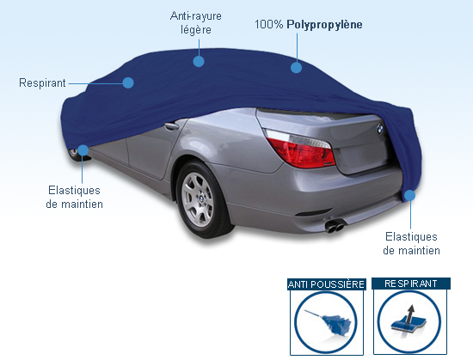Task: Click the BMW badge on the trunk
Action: tap(380, 130)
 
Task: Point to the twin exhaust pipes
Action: tap(335, 226)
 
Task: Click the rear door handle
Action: tap(171, 125)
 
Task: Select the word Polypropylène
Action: tap(324, 25)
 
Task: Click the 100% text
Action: tap(269, 24)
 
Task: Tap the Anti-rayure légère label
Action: tap(196, 22)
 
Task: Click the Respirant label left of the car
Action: tap(42, 82)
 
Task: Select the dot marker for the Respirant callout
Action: tap(128, 82)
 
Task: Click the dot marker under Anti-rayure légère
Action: tap(199, 61)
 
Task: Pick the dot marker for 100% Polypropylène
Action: tap(296, 67)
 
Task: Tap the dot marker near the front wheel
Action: tap(83, 150)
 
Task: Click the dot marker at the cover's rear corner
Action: tap(409, 196)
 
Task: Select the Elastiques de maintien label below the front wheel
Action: tap(74, 197)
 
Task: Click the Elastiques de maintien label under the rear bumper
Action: tap(411, 243)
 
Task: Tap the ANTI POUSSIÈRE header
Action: tap(327, 284)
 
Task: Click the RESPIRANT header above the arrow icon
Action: tap(411, 284)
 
